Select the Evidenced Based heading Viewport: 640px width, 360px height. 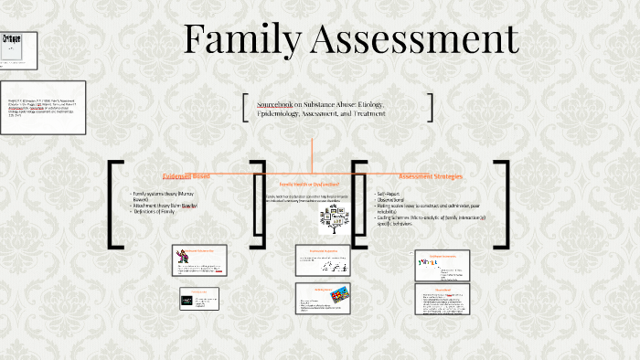pos(186,175)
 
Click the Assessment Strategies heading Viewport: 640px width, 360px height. pos(430,175)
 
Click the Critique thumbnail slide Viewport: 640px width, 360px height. pos(18,50)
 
